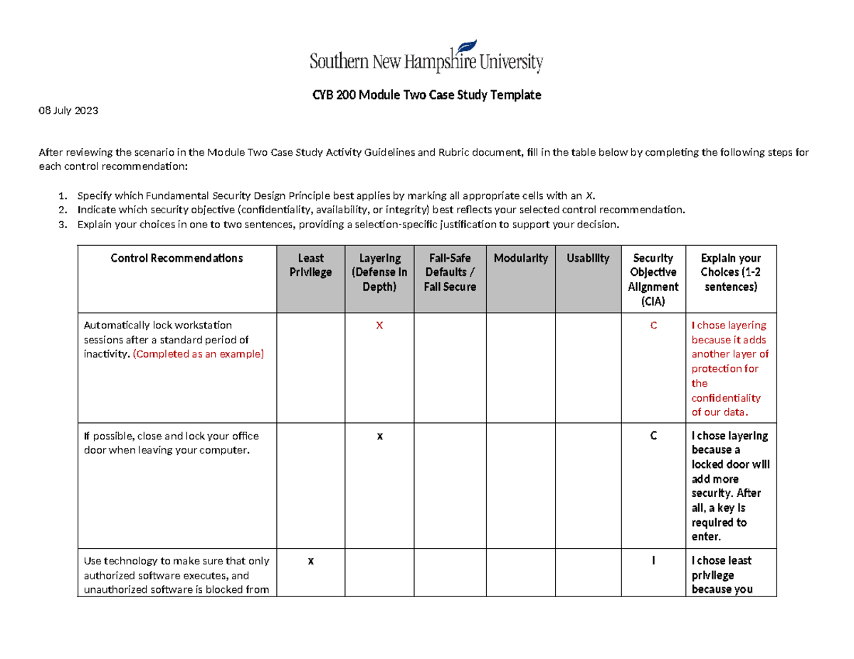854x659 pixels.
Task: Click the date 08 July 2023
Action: [68, 112]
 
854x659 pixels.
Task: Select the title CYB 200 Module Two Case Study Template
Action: [426, 95]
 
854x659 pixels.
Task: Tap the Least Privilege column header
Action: [310, 265]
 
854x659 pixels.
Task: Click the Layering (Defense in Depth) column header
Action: [379, 272]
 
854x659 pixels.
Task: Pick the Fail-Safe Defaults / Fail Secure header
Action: [450, 272]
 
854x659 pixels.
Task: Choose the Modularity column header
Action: [520, 258]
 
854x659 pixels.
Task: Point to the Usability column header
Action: [588, 258]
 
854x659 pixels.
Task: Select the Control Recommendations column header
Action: [176, 258]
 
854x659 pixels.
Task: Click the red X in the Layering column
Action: [379, 325]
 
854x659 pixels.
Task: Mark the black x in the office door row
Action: [379, 436]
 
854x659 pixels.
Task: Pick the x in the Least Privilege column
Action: [310, 561]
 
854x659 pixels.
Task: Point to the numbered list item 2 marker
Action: [63, 210]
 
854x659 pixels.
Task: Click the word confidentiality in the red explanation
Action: [726, 397]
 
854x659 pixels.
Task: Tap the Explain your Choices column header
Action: [730, 272]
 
